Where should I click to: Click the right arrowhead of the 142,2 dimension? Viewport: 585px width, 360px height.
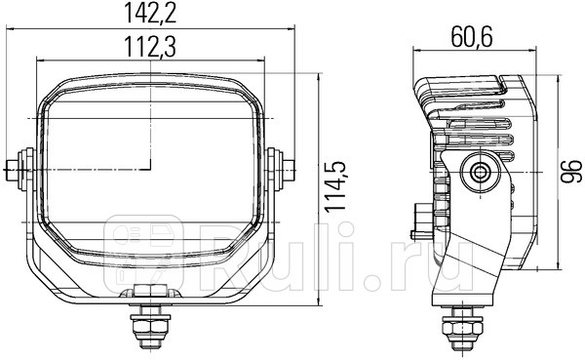point(290,30)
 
